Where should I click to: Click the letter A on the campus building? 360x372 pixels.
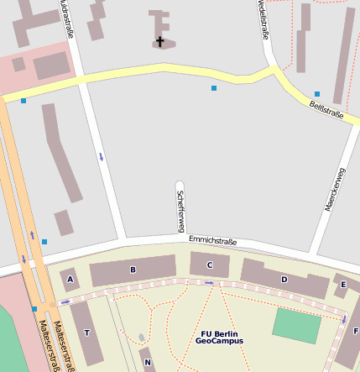(x=70, y=279)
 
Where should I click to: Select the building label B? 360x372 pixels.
(x=133, y=270)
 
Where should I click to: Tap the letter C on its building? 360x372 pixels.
(x=210, y=265)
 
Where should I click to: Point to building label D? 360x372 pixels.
(x=284, y=279)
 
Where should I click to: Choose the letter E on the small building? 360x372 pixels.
(x=343, y=285)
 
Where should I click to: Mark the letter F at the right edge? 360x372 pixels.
(x=356, y=331)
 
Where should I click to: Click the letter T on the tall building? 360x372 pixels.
(x=86, y=333)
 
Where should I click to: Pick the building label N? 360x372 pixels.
(x=148, y=363)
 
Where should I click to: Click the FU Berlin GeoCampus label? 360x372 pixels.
(x=219, y=338)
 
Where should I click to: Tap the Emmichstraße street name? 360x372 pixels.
(x=212, y=241)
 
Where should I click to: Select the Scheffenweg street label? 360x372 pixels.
(x=180, y=211)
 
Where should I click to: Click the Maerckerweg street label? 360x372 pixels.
(x=335, y=189)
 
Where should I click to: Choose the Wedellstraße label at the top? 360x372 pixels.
(x=263, y=18)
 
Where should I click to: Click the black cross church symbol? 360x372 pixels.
(x=159, y=40)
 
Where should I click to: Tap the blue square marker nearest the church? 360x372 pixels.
(x=214, y=87)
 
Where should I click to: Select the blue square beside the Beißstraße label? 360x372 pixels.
(x=317, y=94)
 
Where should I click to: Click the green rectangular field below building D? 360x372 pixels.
(x=296, y=326)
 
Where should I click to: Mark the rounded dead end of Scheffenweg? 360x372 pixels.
(x=179, y=184)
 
